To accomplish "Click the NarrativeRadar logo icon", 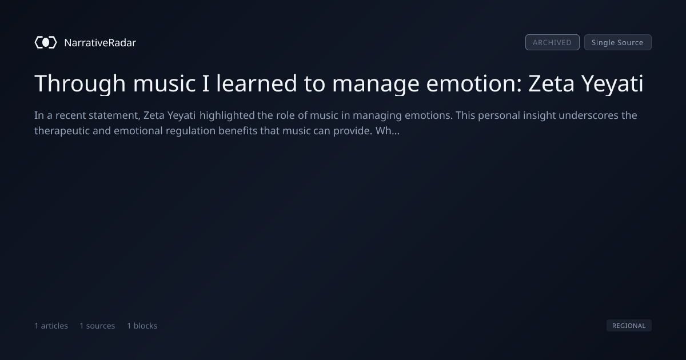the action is tap(46, 42).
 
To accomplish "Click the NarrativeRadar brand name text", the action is tap(100, 42).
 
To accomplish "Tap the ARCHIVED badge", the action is tap(552, 42).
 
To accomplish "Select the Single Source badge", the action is tap(618, 42).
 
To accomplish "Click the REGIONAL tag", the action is tap(629, 325).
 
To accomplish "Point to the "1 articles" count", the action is tap(51, 325).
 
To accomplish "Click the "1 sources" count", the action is tap(97, 325).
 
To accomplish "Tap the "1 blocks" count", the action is tap(142, 325).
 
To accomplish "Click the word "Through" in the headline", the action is tap(80, 83).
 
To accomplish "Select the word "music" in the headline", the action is tap(164, 83).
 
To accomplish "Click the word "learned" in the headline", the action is tap(257, 83).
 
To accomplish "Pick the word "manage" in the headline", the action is tap(376, 84).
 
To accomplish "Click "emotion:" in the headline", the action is tap(474, 83).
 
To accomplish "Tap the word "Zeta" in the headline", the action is tap(551, 83).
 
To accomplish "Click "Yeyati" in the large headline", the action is tap(612, 84).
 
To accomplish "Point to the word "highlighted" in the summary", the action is tap(227, 115).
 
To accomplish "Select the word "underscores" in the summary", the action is tap(588, 115).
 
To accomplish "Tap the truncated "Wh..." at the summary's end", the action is tap(388, 131).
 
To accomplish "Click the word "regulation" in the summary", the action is tap(190, 131).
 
